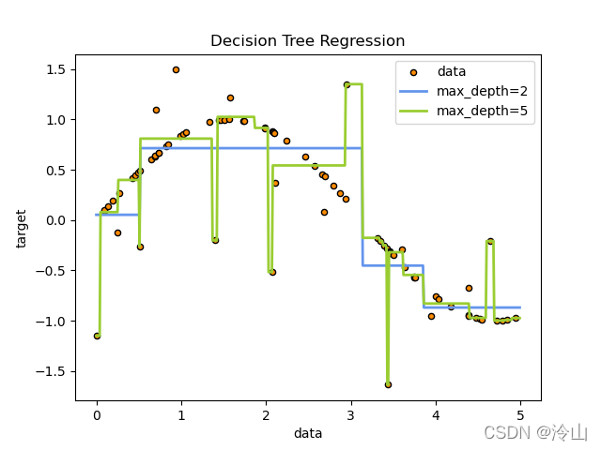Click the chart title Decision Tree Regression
pyautogui.click(x=307, y=41)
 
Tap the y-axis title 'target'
pyautogui.click(x=22, y=228)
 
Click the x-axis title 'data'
pyautogui.click(x=307, y=433)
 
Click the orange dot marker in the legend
pyautogui.click(x=414, y=72)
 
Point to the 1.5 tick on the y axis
pyautogui.click(x=57, y=69)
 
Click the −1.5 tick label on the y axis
pyautogui.click(x=53, y=371)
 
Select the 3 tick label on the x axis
pyautogui.click(x=350, y=415)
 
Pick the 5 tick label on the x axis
pyautogui.click(x=520, y=415)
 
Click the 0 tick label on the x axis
pyautogui.click(x=97, y=415)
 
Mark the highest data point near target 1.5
pyautogui.click(x=176, y=69)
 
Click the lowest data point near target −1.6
pyautogui.click(x=388, y=384)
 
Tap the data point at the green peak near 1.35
pyautogui.click(x=347, y=84)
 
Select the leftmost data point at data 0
pyautogui.click(x=97, y=336)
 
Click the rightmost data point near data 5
pyautogui.click(x=516, y=318)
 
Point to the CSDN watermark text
pyautogui.click(x=535, y=432)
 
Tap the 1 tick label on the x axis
pyautogui.click(x=181, y=415)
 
